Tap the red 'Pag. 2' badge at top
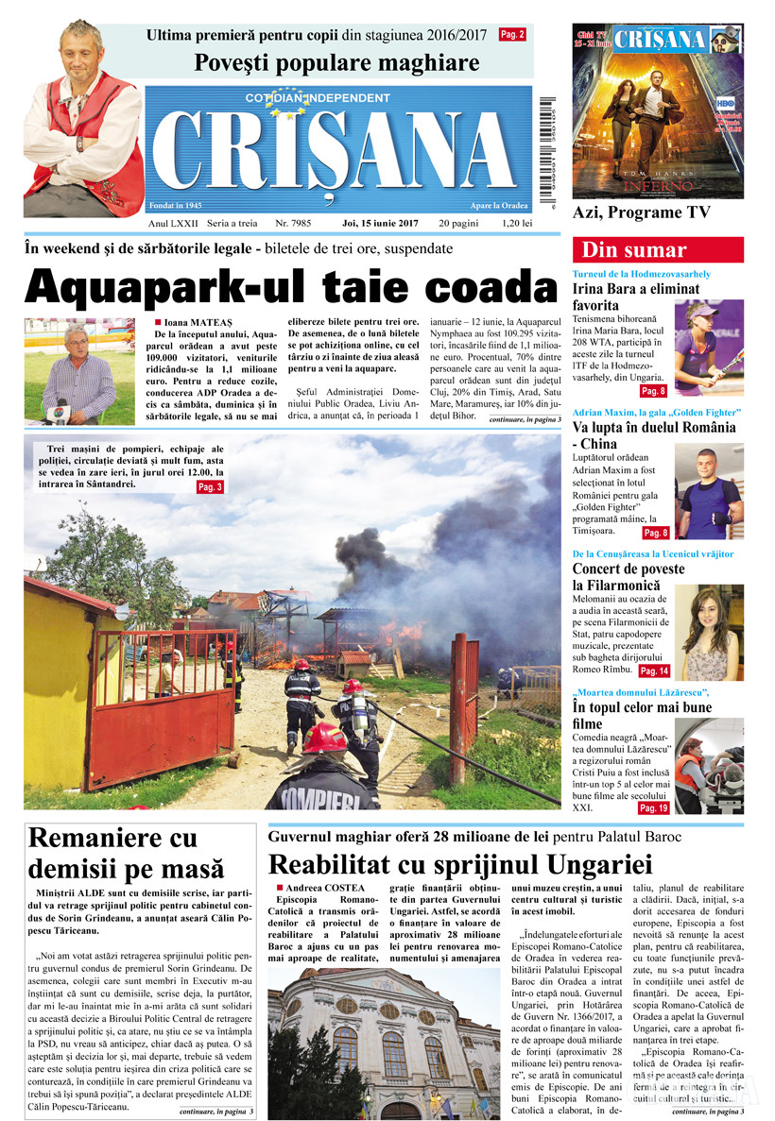tap(512, 35)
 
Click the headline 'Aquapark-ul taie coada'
tap(290, 286)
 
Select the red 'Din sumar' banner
tap(658, 250)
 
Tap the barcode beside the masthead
tap(546, 142)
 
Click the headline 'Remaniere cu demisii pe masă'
tap(127, 853)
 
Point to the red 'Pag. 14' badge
tap(654, 671)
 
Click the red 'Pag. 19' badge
tap(654, 808)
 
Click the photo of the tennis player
tap(708, 348)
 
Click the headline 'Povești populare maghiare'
tap(336, 64)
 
